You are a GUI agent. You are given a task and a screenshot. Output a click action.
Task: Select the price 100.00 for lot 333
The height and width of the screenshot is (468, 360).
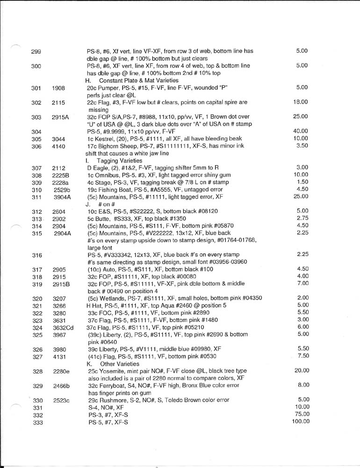pos(301,421)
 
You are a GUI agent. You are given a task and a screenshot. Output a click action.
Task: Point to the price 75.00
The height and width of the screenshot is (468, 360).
pos(302,414)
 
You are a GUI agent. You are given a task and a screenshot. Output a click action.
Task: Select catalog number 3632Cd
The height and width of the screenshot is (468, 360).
pos(63,328)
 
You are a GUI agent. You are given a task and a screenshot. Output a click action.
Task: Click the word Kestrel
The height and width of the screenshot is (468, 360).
pos(107,139)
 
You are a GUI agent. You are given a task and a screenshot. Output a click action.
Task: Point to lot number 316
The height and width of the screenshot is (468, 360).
pos(37,255)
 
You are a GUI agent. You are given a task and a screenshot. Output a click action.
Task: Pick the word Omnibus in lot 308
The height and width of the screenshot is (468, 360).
pos(108,175)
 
